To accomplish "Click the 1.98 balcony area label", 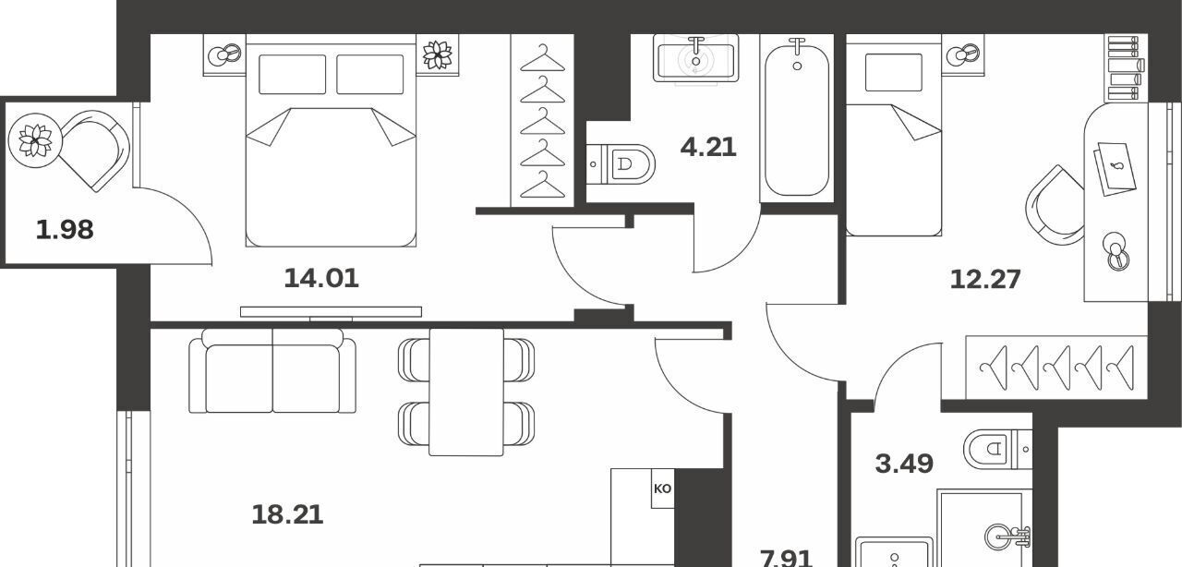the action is coord(65,230).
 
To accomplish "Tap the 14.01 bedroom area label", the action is coord(321,278).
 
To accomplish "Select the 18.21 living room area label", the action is coord(287,514).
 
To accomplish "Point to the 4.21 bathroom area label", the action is coord(708,148).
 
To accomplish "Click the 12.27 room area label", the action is coord(985,279).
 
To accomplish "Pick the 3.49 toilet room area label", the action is coord(904,464).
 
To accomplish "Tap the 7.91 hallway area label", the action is coord(786,558).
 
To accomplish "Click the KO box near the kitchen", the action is coord(663,489).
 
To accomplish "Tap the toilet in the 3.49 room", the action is coord(998,450).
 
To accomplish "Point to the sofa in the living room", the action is coord(272,370).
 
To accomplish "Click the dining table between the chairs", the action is coord(466,392).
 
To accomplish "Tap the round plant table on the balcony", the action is coord(35,140).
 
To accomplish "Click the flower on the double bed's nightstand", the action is coord(438,54).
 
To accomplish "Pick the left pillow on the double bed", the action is coord(293,75).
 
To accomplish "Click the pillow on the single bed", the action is coord(894,72).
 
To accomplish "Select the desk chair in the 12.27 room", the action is coord(1055,205).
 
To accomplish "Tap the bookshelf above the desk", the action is coord(1125,68).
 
